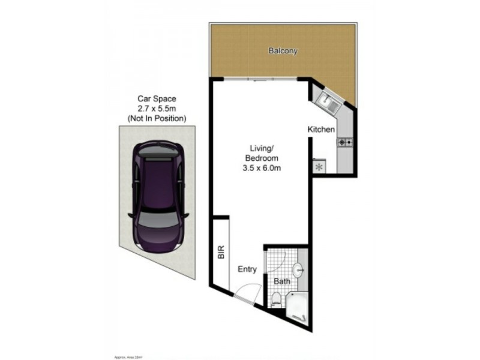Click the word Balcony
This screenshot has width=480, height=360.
[283, 51]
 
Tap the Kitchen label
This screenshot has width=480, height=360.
[321, 130]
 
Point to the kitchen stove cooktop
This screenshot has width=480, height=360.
[346, 142]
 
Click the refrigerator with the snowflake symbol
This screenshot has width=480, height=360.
[319, 167]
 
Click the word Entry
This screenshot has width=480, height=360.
[248, 269]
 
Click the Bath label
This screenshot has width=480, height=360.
[282, 281]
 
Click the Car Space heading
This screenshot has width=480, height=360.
[157, 98]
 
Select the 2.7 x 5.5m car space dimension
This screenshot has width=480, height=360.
[157, 109]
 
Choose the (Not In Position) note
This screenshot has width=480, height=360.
[157, 119]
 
